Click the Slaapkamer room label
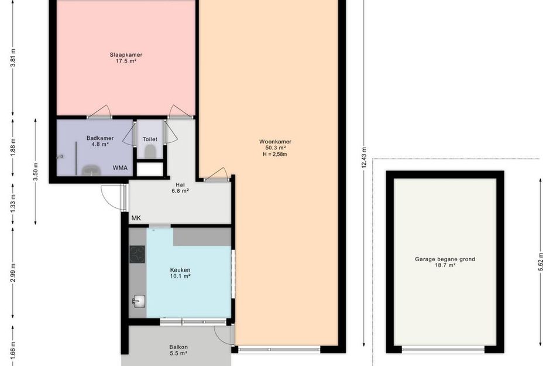(126, 54)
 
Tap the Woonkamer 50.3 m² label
(275, 145)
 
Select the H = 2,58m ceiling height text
(274, 154)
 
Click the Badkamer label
(100, 138)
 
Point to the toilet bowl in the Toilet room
(150, 152)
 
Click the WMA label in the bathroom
(120, 168)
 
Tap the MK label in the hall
(136, 218)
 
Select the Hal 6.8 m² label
(180, 188)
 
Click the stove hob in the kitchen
(137, 255)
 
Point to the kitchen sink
(138, 302)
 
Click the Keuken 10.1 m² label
(180, 273)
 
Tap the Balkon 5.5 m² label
(178, 350)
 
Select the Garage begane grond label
(445, 259)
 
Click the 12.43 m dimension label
(364, 158)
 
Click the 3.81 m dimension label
(13, 57)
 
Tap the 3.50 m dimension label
(35, 172)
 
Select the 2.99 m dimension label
(13, 273)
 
